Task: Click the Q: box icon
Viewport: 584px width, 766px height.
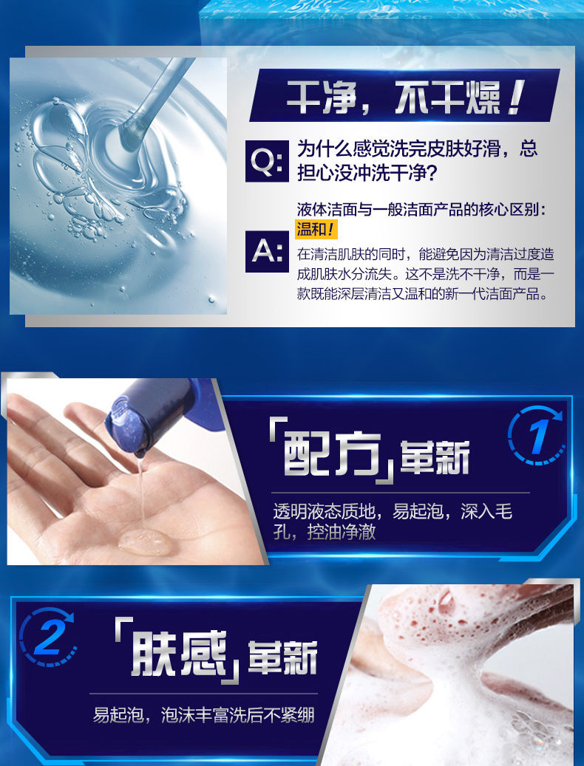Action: click(x=265, y=160)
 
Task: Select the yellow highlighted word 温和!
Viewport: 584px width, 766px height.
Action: click(x=316, y=229)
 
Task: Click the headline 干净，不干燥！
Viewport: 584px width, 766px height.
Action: click(x=405, y=97)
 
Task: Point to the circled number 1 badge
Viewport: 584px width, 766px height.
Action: click(x=536, y=435)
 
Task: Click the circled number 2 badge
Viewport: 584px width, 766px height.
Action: click(x=47, y=637)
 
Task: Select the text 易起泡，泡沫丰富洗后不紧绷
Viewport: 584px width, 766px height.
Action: click(x=203, y=715)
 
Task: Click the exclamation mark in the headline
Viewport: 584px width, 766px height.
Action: click(x=516, y=97)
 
